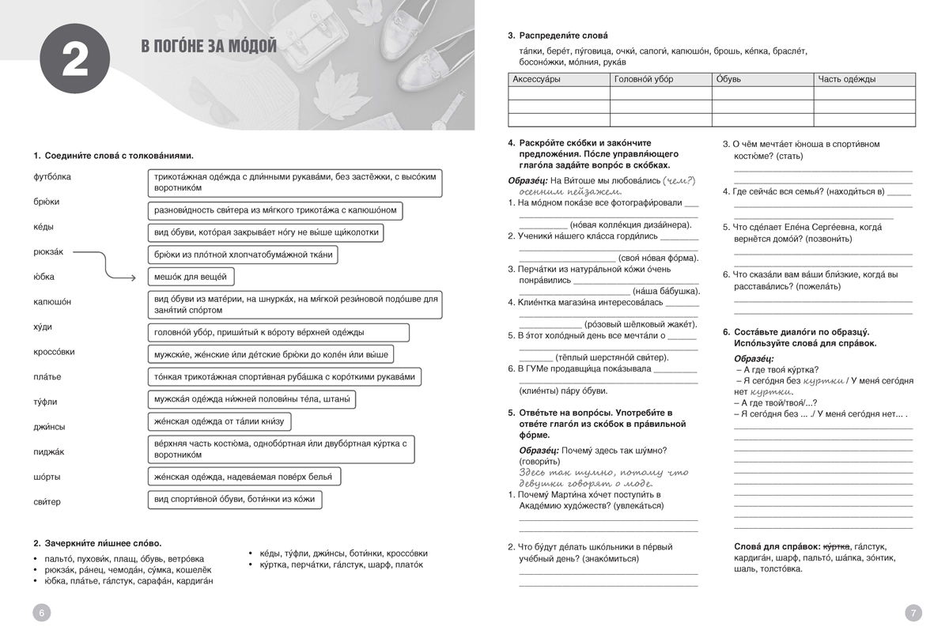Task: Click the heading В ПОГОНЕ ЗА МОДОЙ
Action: pos(208,46)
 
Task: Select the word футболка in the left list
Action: pos(52,177)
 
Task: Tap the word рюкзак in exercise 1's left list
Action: pos(48,252)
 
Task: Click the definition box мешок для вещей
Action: pos(191,277)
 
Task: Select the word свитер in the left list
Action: pos(47,502)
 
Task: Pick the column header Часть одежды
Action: pos(847,79)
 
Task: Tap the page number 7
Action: pos(913,613)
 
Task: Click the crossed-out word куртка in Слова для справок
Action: pos(836,546)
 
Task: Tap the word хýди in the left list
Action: pos(43,327)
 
